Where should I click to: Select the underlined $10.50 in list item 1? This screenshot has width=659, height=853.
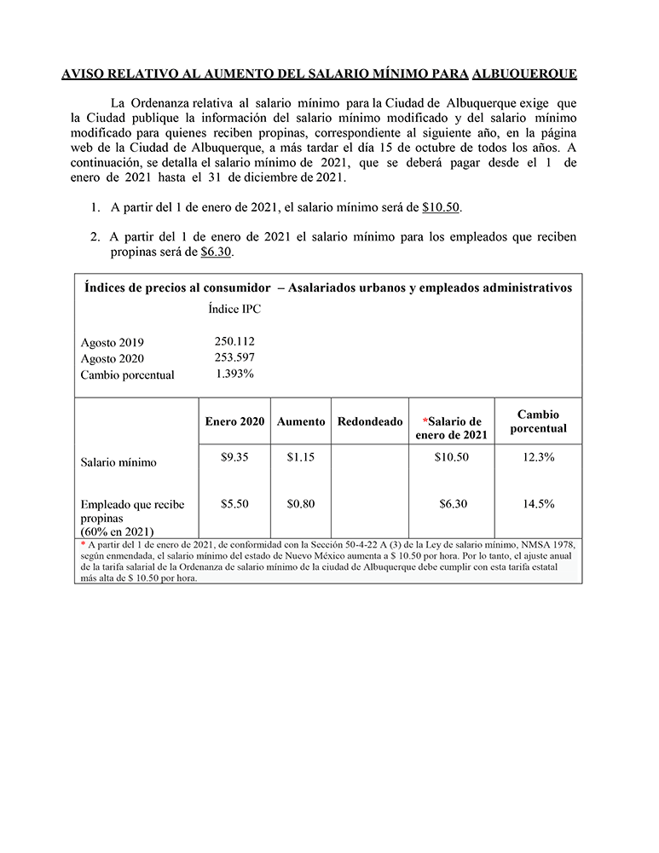pyautogui.click(x=441, y=207)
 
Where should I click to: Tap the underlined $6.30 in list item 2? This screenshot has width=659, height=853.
pyautogui.click(x=216, y=252)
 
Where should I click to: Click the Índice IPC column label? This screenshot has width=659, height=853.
pyautogui.click(x=234, y=310)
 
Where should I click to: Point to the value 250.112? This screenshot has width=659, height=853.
pyautogui.click(x=234, y=341)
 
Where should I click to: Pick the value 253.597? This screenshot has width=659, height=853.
pyautogui.click(x=234, y=357)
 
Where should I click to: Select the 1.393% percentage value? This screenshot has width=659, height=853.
pyautogui.click(x=234, y=374)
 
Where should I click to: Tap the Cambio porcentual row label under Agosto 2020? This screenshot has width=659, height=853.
pyautogui.click(x=127, y=375)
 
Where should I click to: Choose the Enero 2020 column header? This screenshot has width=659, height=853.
pyautogui.click(x=234, y=421)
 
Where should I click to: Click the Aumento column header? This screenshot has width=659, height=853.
pyautogui.click(x=301, y=421)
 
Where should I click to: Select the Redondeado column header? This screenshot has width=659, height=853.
pyautogui.click(x=370, y=421)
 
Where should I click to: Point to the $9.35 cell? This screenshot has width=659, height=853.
pyautogui.click(x=234, y=457)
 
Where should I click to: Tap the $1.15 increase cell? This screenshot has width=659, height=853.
pyautogui.click(x=301, y=457)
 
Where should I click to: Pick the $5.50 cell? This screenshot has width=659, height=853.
pyautogui.click(x=234, y=504)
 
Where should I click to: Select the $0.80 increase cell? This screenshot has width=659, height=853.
pyautogui.click(x=301, y=504)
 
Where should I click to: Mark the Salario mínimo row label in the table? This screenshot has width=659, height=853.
pyautogui.click(x=119, y=462)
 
